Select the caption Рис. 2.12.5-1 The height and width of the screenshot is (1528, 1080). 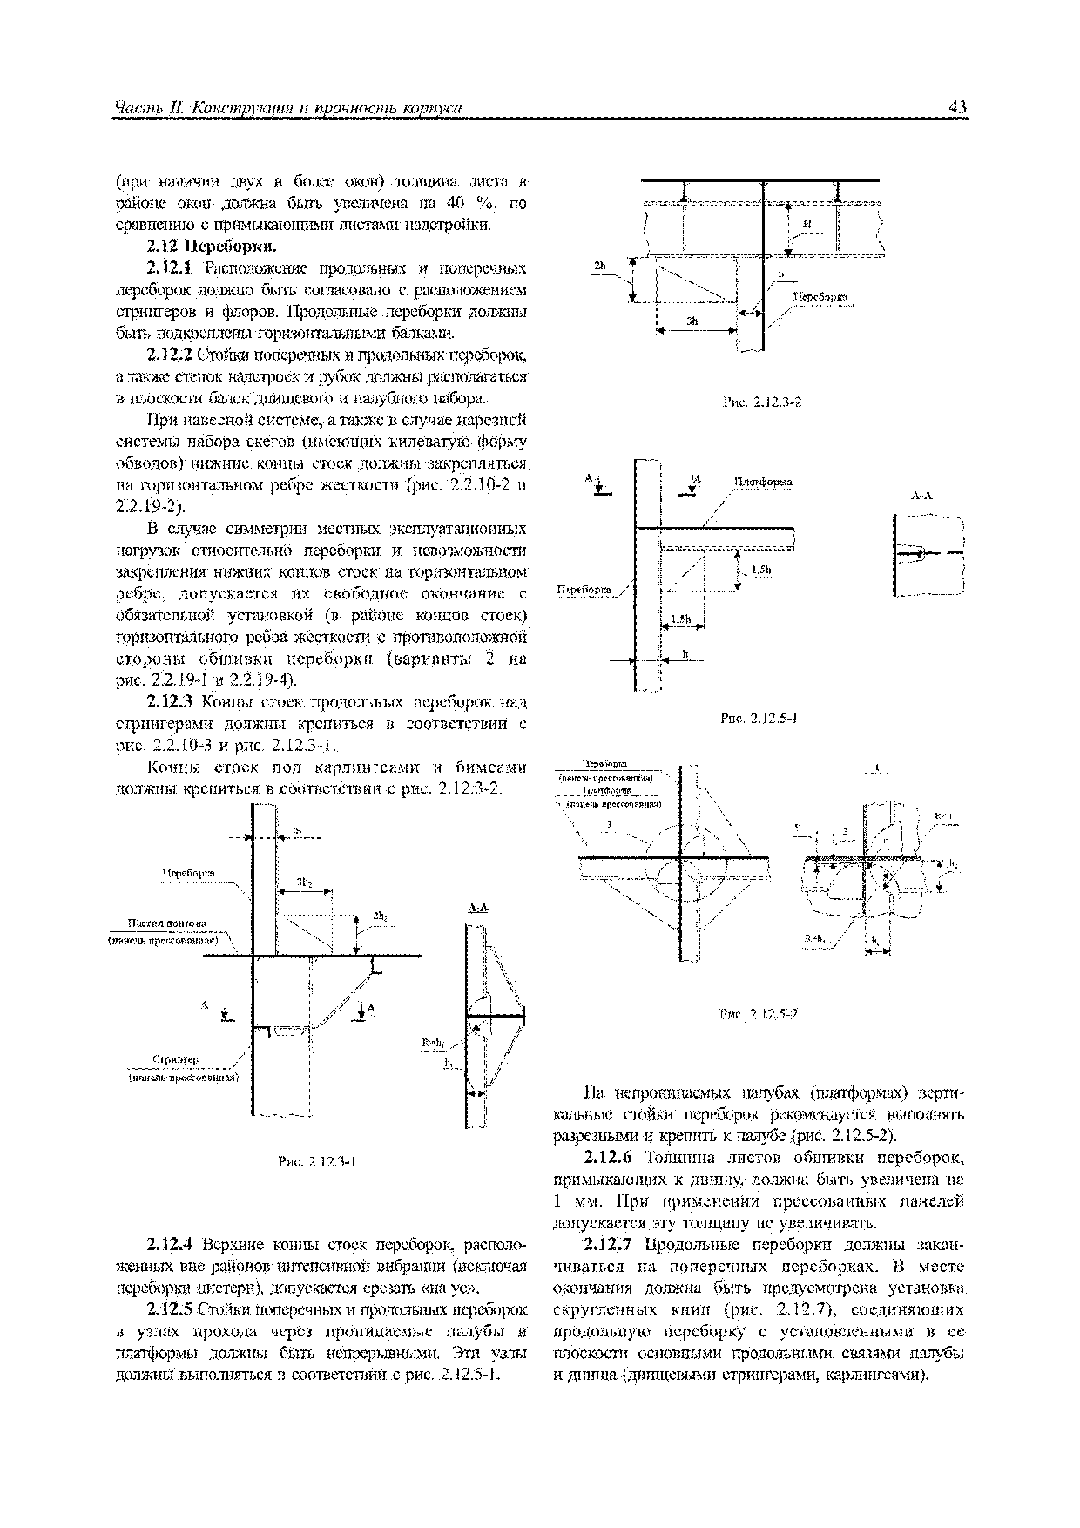point(759,719)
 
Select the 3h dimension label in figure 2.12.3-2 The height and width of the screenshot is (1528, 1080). point(692,321)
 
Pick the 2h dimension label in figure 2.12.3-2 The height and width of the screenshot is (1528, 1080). point(600,266)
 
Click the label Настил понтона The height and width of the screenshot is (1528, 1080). point(167,923)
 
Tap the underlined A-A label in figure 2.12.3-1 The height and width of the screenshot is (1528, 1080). point(478,908)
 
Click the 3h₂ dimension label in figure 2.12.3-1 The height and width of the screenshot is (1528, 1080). point(304,882)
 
